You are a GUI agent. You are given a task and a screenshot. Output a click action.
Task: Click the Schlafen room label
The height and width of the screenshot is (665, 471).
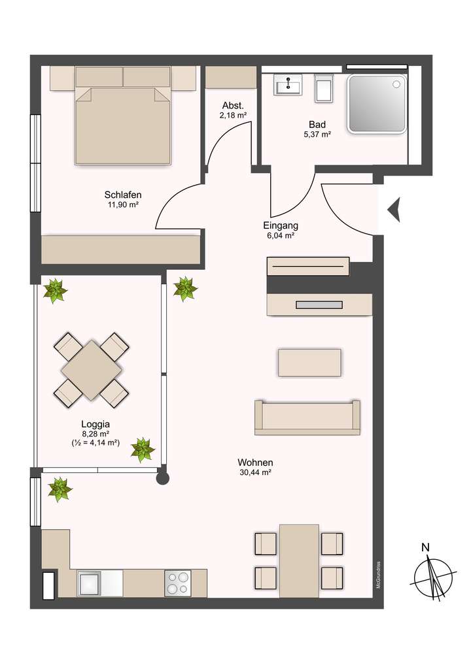(x=123, y=195)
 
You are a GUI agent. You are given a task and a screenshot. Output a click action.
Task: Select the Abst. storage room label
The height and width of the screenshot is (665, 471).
(x=233, y=106)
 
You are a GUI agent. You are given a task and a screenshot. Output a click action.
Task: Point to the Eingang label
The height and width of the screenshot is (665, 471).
(x=281, y=225)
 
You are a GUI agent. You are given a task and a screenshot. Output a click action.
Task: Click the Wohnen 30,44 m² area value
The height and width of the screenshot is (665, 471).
(x=255, y=472)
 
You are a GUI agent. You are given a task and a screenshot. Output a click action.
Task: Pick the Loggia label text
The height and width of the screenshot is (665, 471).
(x=91, y=423)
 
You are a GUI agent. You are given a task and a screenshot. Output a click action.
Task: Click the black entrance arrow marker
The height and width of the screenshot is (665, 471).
(x=393, y=210)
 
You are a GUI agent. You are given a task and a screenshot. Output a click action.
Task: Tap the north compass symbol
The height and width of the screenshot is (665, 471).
(x=433, y=575)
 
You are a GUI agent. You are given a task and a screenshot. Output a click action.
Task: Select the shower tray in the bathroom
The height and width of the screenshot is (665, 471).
(x=377, y=103)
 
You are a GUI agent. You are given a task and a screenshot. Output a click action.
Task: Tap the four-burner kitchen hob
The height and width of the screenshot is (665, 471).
(x=178, y=583)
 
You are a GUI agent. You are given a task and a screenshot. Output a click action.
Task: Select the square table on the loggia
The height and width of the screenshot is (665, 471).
(x=92, y=369)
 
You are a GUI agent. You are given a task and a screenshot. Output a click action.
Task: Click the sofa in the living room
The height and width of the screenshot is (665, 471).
(x=307, y=417)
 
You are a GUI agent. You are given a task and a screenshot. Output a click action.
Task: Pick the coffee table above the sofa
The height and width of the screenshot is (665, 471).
(x=309, y=363)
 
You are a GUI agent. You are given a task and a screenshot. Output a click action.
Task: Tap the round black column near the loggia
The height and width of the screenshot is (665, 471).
(x=163, y=478)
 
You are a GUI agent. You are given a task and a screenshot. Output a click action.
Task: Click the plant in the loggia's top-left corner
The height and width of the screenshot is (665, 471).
(x=55, y=289)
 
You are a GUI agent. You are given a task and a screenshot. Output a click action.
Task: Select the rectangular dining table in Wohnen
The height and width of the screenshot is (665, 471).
(x=299, y=560)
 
